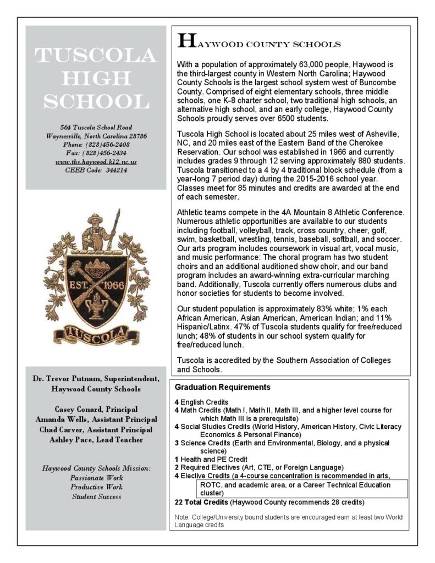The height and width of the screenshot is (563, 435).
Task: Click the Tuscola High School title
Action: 96,79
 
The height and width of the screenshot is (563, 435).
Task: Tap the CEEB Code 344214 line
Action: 96,170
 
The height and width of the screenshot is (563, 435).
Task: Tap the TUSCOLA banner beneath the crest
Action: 96,333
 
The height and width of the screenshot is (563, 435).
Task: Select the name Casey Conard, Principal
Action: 96,410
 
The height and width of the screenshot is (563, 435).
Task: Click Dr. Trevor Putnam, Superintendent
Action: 96,379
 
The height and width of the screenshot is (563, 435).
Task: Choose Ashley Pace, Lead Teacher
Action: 96,440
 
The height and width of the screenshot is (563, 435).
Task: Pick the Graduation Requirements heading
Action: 222,387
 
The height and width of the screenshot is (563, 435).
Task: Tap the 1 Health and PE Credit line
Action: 211,459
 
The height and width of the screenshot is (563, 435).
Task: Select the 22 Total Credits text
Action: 201,502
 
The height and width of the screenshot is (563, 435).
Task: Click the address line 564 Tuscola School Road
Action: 96,128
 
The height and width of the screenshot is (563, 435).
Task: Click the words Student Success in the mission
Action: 96,496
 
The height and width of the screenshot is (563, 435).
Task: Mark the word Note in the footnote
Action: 181,517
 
